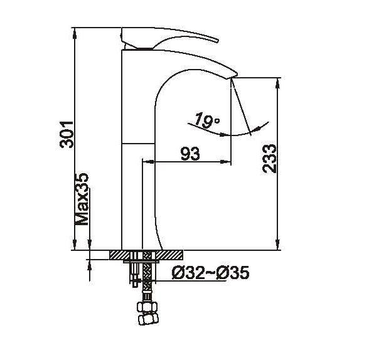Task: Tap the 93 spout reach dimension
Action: (x=186, y=153)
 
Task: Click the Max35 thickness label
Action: (x=82, y=199)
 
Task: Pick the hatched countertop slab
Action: (x=146, y=255)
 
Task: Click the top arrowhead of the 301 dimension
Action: (x=75, y=30)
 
